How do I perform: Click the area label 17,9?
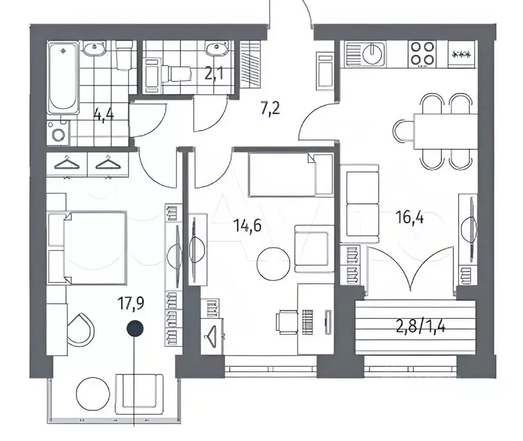[x=131, y=303]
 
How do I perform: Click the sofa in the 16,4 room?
[x=360, y=203]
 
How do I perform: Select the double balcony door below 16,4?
[x=409, y=270]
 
